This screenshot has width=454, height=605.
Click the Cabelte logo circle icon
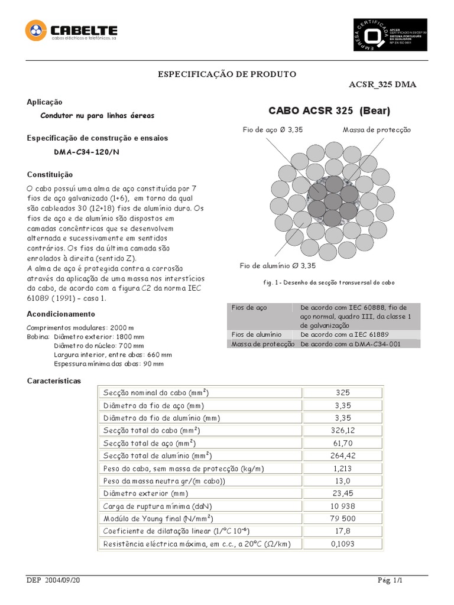(x=35, y=31)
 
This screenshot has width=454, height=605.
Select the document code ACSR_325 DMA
(x=382, y=84)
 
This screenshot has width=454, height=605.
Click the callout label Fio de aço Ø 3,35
(x=273, y=129)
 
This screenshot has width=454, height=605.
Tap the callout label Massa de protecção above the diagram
(x=377, y=129)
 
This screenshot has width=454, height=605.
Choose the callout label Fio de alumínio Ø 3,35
(x=278, y=266)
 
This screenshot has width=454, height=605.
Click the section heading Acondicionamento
(x=61, y=314)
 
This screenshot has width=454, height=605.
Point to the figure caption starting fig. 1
(x=329, y=283)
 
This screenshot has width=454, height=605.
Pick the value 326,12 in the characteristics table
(x=342, y=430)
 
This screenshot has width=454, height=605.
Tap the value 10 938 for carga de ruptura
(x=342, y=507)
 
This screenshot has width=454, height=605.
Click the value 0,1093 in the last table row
(x=342, y=544)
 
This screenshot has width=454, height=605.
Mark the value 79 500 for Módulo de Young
(x=342, y=518)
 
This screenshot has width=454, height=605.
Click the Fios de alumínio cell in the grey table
(x=252, y=334)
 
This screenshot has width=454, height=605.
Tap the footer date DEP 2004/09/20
(x=53, y=581)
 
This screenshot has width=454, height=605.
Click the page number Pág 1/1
(x=390, y=581)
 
